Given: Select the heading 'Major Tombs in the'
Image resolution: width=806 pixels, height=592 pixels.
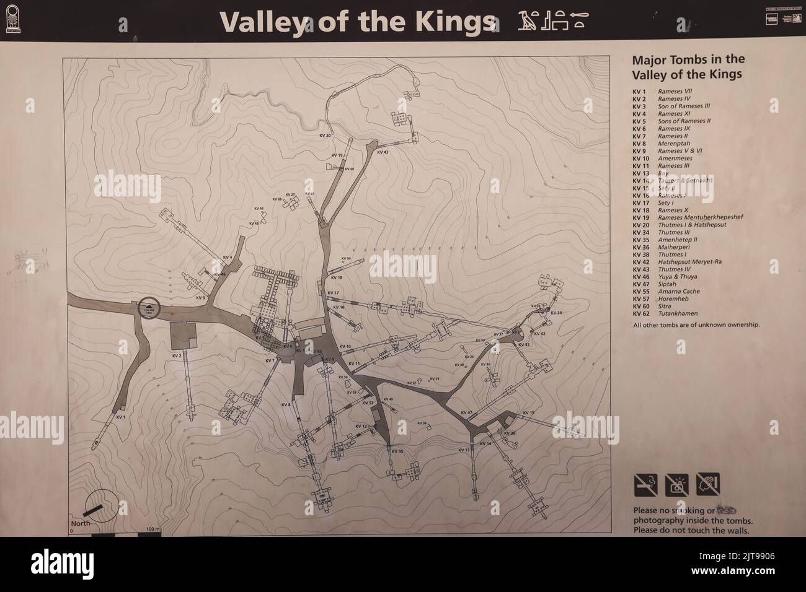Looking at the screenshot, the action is coord(688,60).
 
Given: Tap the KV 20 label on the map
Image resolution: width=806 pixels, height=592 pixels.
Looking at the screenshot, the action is coord(325,135).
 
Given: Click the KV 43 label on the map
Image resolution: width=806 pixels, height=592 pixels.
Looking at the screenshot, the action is coord(382,152).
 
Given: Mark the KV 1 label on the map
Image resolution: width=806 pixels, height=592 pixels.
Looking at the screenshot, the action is coord(121,417).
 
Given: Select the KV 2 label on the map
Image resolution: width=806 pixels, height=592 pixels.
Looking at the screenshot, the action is coord(176,356).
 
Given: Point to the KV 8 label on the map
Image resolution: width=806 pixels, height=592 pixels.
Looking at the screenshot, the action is coord(286,405).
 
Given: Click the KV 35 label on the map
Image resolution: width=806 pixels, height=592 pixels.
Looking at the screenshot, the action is coord(397,451).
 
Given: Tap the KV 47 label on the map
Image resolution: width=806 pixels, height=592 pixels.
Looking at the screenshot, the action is coord(467,412).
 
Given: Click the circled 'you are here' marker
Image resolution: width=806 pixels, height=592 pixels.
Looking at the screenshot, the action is coord(149,308).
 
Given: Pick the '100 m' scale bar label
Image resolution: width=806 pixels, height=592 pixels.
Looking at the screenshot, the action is coord(153,529).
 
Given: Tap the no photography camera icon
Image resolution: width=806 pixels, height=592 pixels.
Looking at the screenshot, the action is coord(676,485).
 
